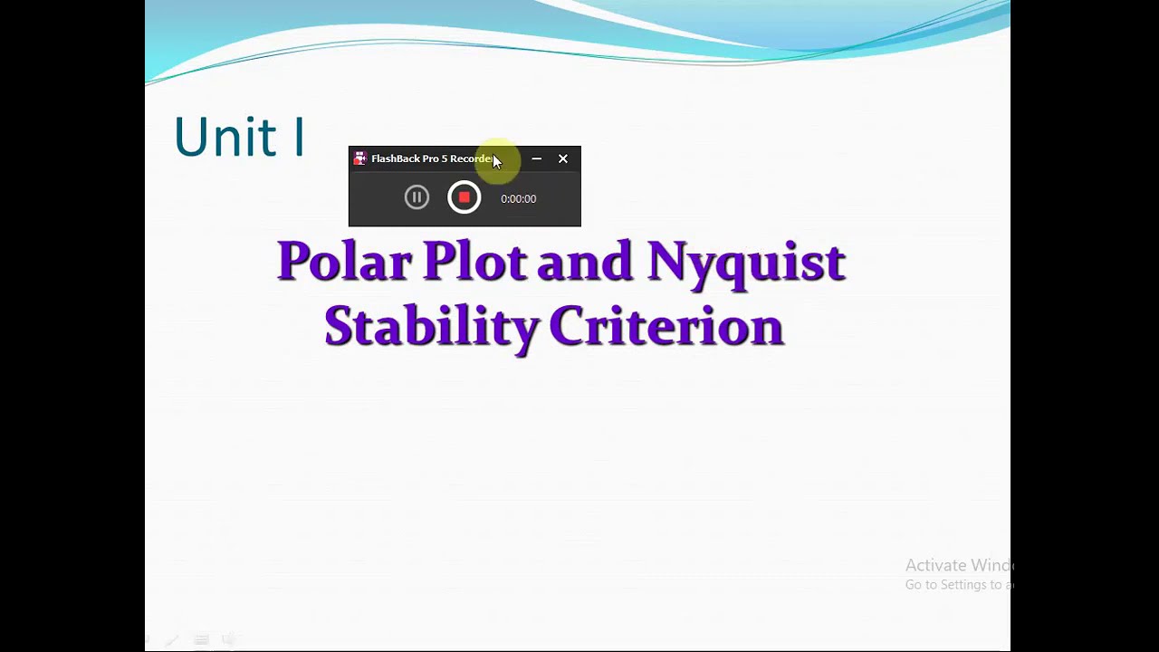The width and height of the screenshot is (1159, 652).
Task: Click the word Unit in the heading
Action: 225,138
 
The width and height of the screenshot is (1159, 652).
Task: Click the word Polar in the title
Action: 343,262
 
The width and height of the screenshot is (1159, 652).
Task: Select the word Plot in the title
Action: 474,262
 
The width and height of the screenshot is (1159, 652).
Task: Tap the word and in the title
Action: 584,262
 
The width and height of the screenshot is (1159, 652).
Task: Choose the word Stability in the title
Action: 431,327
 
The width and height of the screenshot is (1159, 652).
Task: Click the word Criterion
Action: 666,327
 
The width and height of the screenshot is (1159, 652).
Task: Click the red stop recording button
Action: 464,197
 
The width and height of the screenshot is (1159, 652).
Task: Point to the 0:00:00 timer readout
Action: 518,199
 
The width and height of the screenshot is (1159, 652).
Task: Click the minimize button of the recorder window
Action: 537,158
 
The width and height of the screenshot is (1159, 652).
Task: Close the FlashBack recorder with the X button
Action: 563,158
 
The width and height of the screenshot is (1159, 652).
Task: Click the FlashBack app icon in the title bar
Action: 359,158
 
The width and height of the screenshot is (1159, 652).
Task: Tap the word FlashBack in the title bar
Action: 395,158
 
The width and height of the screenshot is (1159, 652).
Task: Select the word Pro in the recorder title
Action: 430,158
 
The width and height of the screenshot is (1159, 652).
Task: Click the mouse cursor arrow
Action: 496,161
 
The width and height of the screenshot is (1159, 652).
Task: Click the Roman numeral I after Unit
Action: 298,138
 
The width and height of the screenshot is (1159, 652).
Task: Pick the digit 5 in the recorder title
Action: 445,158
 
